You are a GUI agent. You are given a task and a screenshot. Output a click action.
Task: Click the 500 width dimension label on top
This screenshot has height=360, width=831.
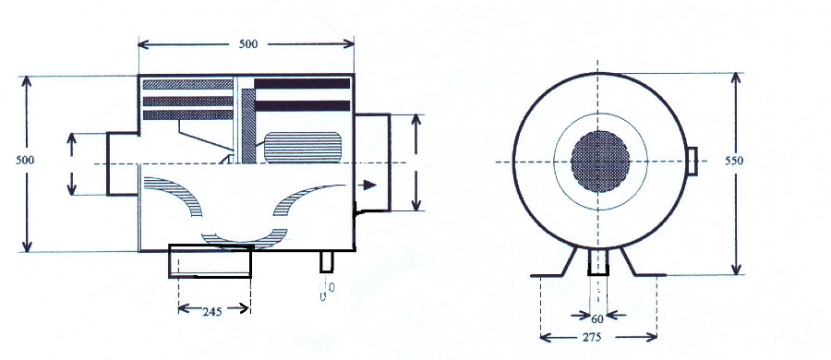coord(247,43)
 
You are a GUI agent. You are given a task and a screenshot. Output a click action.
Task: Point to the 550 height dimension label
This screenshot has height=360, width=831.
coord(735,160)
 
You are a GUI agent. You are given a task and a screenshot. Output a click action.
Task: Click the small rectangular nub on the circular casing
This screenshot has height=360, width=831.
coord(692,161)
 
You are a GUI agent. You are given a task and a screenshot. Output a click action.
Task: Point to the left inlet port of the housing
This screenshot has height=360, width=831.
coord(121,163)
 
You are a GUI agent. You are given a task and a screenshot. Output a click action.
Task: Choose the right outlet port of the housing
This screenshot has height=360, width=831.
coord(371,162)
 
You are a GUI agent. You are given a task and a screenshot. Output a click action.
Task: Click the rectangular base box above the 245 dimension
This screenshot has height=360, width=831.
coord(210,260)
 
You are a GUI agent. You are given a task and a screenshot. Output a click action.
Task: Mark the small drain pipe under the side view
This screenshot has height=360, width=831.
coord(328,262)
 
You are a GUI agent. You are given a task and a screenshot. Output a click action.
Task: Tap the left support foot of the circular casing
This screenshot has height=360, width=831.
coord(560,264)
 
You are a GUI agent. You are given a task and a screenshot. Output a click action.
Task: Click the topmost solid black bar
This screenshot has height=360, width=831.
coord(302,84)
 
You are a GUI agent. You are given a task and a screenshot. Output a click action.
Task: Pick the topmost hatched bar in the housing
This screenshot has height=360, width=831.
coord(188,85)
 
